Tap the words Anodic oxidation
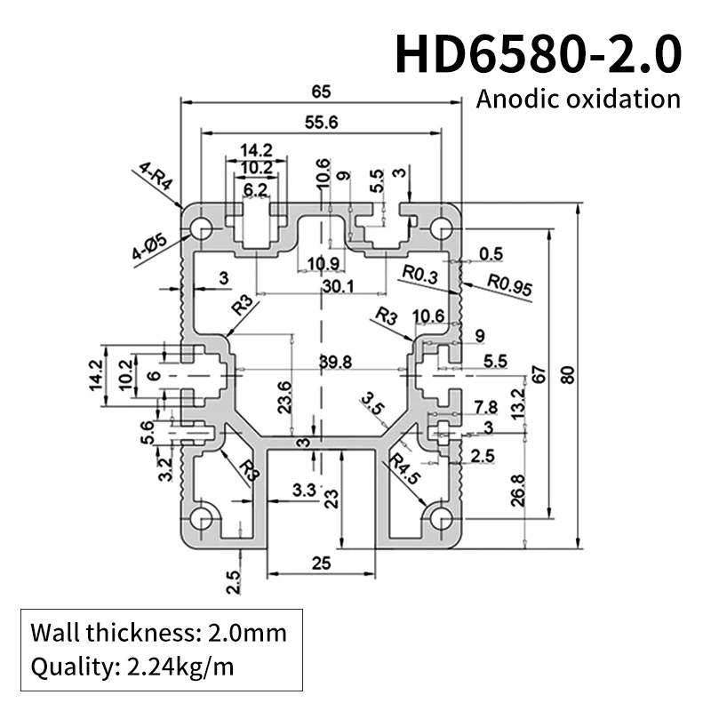click(x=578, y=98)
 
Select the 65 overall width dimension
click(x=321, y=90)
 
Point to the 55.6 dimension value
click(x=321, y=124)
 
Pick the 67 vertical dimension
click(x=539, y=375)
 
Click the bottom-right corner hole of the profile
click(x=440, y=518)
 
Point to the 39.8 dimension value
click(x=340, y=361)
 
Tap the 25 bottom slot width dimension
click(x=321, y=563)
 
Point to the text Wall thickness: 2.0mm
click(x=159, y=633)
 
